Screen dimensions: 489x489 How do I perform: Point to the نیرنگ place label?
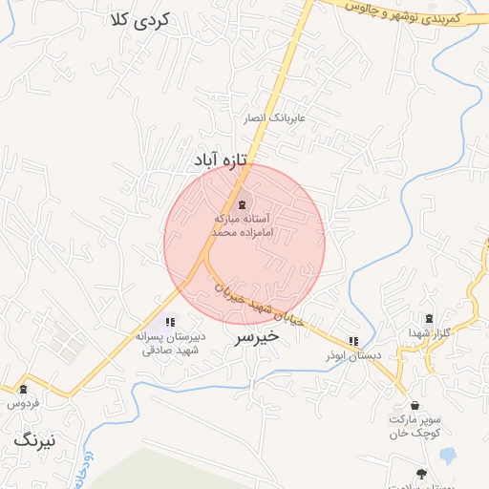[35, 440]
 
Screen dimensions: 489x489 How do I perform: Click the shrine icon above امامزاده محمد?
[240, 205]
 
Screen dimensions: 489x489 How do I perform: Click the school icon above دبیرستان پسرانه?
[170, 323]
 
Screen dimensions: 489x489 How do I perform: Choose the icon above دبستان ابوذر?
[353, 341]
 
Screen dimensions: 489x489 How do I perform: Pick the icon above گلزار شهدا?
[429, 318]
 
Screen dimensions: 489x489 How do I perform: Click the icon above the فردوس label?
[23, 390]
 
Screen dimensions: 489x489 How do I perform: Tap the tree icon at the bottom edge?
[421, 473]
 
